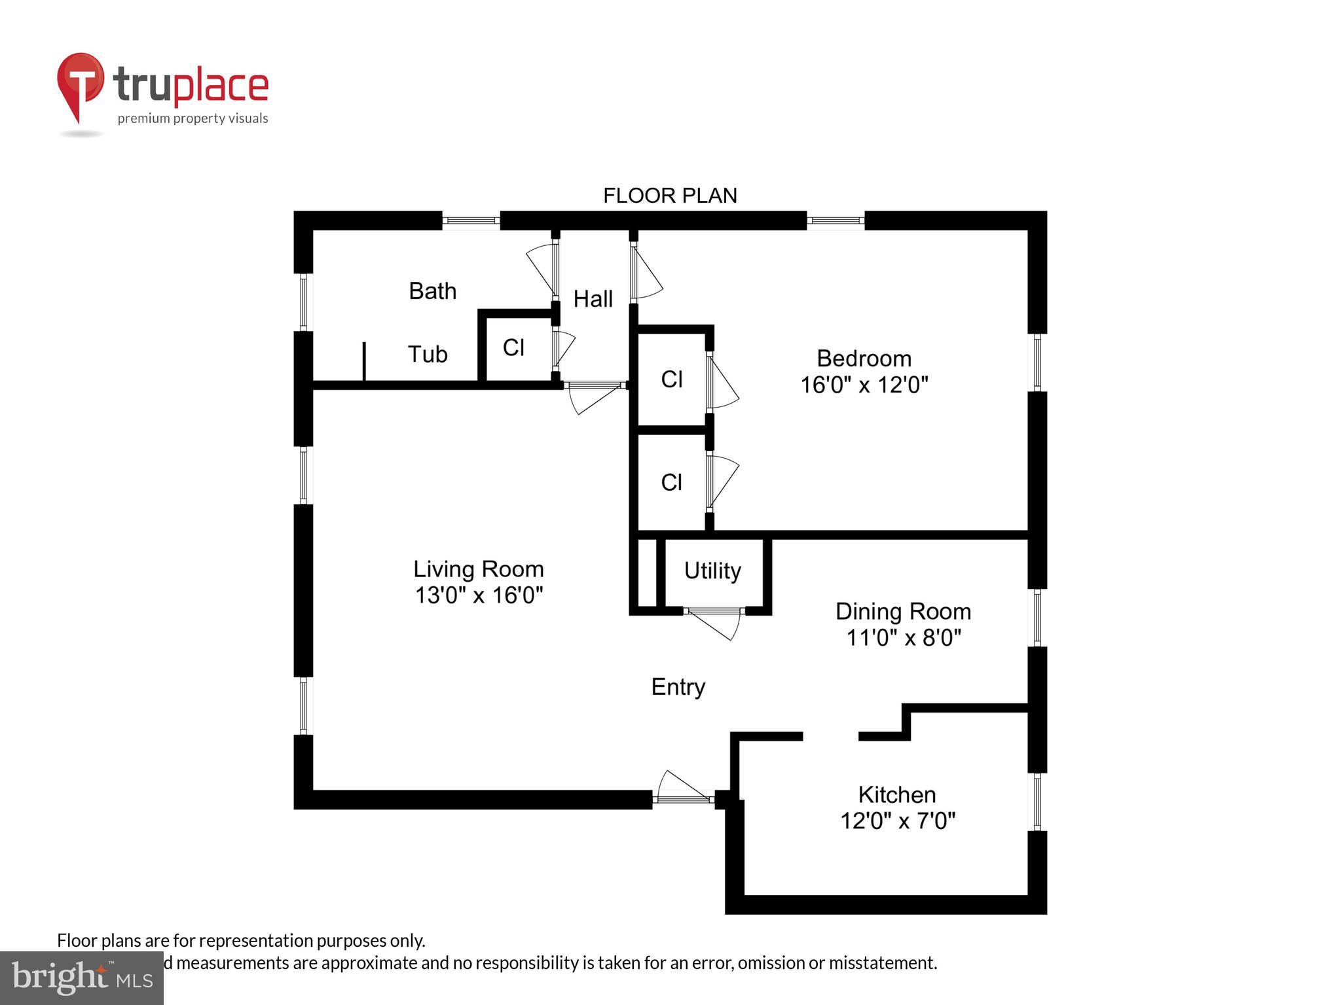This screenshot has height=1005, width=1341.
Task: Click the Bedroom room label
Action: (864, 359)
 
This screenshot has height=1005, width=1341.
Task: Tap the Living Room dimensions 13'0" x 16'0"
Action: (479, 595)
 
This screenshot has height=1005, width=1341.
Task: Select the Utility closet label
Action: (712, 571)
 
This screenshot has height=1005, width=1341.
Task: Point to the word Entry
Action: (678, 687)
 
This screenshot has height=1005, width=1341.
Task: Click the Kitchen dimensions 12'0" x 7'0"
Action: (898, 820)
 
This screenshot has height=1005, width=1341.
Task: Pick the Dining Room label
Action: (903, 611)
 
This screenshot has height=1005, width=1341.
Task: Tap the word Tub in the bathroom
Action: (428, 354)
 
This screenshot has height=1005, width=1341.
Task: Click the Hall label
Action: (593, 299)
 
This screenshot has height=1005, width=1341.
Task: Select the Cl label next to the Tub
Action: (513, 347)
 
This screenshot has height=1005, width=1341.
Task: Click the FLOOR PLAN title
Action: (670, 196)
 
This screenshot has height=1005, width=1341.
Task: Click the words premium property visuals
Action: (193, 118)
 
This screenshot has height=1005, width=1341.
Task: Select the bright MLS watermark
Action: (81, 978)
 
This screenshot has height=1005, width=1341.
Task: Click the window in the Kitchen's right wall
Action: (1037, 802)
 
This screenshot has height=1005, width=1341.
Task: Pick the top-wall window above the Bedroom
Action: (835, 220)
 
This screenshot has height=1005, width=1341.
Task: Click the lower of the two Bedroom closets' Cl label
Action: (672, 482)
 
